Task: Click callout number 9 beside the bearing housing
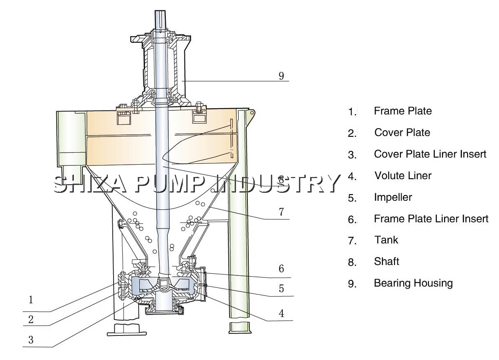281,76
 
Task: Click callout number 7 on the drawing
281,212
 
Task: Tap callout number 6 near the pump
281,269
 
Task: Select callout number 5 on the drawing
281,289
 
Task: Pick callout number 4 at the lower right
281,314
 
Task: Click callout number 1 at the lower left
31,299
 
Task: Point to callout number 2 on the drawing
31,320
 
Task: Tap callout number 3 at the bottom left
31,340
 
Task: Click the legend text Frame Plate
402,111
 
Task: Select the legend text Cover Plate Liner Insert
430,154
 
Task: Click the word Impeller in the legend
393,197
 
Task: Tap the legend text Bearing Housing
413,283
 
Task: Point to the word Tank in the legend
386,240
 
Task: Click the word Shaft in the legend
386,262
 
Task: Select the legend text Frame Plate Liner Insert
431,219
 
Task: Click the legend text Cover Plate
402,133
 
